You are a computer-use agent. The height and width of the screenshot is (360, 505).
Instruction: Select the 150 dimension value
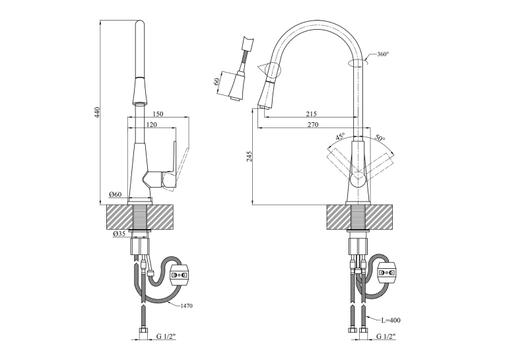point(158,114)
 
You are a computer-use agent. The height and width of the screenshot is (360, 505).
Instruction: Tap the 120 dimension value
point(151,124)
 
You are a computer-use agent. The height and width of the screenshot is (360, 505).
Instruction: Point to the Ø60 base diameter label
point(116,194)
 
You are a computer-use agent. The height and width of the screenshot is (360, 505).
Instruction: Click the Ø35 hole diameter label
point(119,234)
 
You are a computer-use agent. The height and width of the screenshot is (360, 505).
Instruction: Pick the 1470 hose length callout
point(185,306)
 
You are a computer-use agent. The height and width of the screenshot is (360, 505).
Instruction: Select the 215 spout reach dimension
point(312,114)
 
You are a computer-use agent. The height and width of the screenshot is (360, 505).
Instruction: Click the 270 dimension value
point(313,124)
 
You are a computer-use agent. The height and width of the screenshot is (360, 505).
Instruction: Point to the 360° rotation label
point(384,54)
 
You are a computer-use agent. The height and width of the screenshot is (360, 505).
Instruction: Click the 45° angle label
point(340,136)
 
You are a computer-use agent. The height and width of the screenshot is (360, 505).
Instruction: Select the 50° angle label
point(380,137)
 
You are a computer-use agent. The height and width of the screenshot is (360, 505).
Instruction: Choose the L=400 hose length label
point(391,320)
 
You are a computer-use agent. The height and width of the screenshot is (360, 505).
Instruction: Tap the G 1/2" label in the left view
point(166,336)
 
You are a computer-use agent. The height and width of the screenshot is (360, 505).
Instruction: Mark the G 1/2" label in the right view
point(386,336)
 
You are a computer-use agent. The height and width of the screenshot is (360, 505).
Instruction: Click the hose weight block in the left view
point(180,275)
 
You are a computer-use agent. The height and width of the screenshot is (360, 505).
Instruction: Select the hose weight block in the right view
point(386,272)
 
